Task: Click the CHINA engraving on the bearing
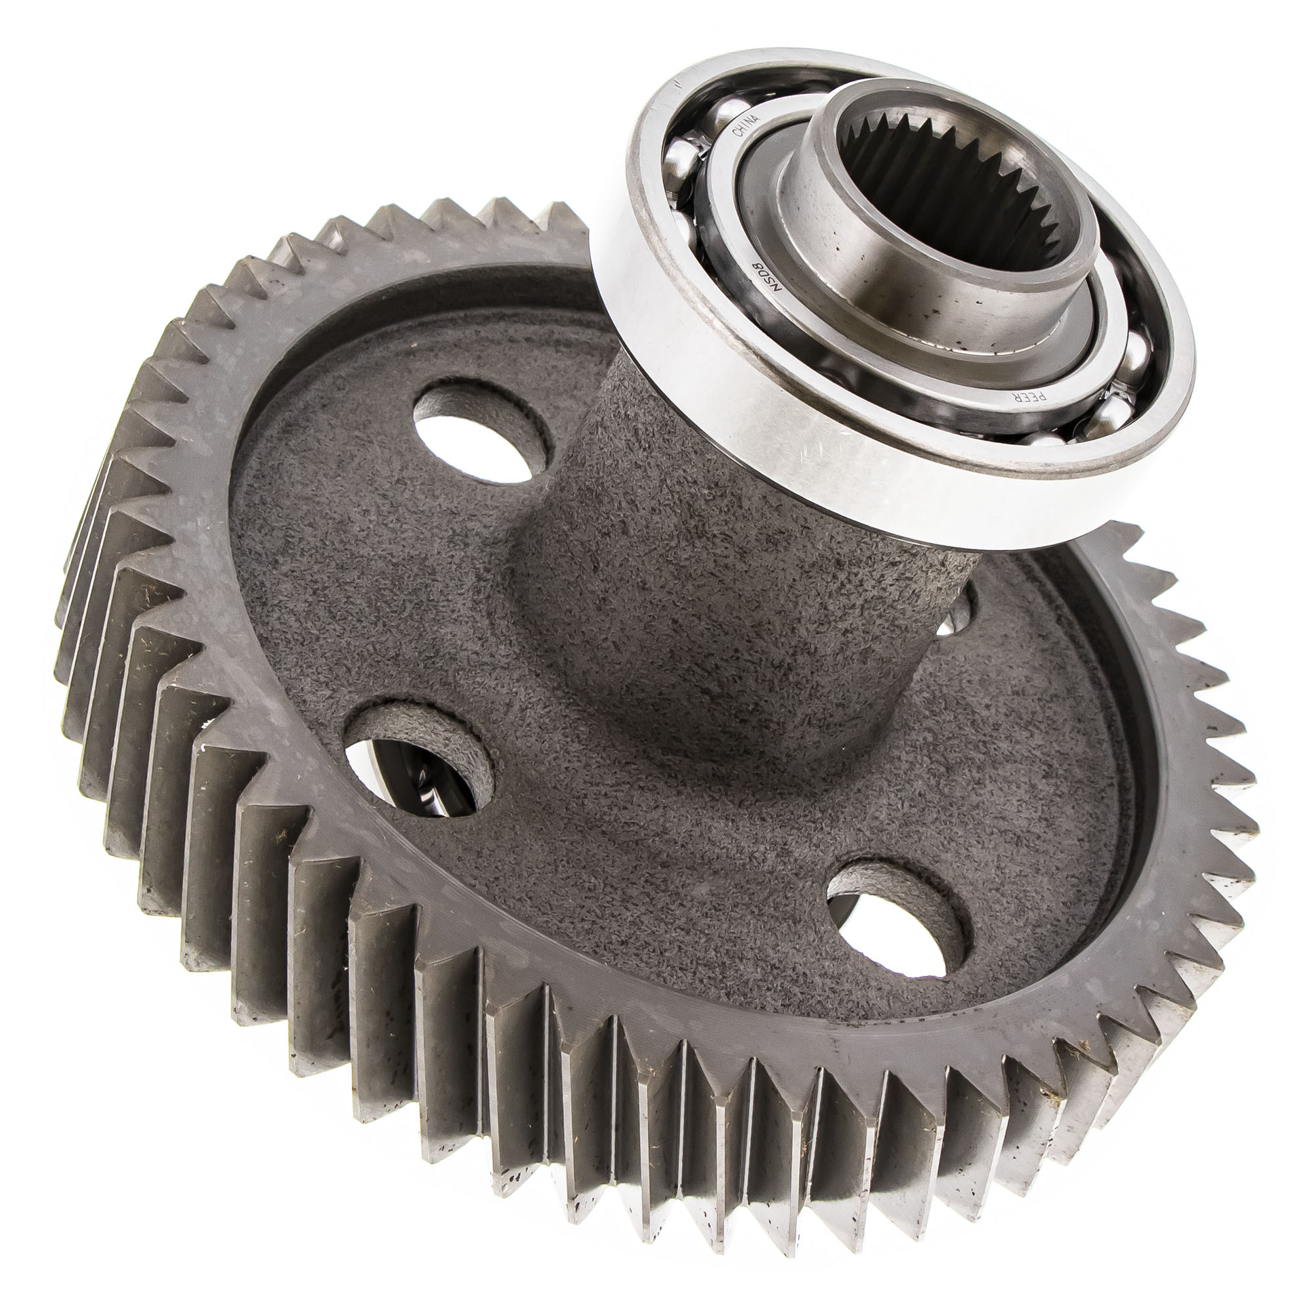click(x=746, y=123)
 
